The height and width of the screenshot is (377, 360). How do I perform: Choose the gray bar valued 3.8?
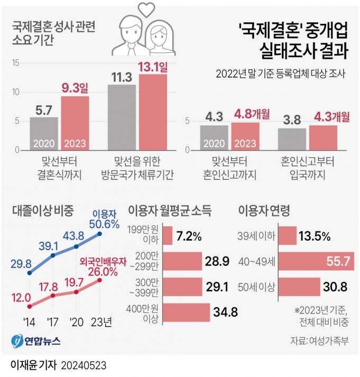pyautogui.click(x=292, y=139)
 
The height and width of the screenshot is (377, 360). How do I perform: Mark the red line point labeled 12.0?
pyautogui.click(x=30, y=306)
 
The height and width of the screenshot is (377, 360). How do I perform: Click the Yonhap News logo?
pyautogui.click(x=35, y=341)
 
